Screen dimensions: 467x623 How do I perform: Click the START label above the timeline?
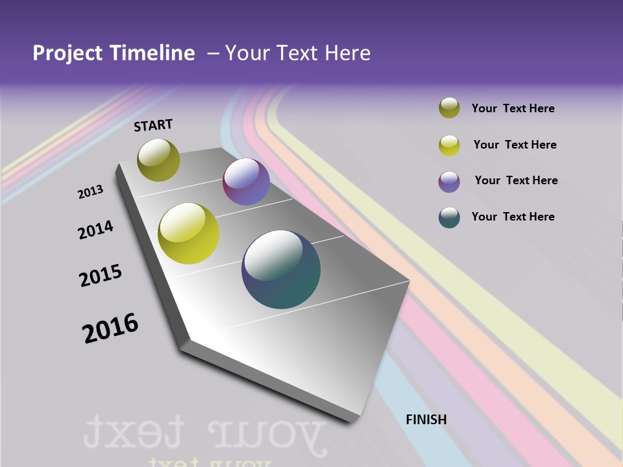coord(153,125)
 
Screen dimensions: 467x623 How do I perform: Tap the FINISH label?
coord(426,420)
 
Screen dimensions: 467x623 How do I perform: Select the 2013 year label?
coord(91,192)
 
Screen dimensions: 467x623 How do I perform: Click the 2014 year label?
coord(95,230)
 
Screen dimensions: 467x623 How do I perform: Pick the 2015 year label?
coord(101,276)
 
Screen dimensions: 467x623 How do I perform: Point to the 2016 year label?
coord(110,328)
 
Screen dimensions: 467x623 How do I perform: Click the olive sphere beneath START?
coord(158,160)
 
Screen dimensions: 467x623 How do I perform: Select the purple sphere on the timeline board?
coord(246,182)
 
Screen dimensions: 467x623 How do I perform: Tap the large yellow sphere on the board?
coord(189,233)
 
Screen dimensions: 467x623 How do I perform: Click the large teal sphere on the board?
coord(281,269)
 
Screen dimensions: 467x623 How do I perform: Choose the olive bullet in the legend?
coord(449,108)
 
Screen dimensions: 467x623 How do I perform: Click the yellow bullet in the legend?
coord(449,145)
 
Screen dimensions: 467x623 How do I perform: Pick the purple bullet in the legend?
coord(449,181)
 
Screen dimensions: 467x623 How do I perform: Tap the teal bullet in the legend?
coord(449,217)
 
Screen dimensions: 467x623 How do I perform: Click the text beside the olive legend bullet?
coord(513,108)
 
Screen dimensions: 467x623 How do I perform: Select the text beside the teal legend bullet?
coord(513,217)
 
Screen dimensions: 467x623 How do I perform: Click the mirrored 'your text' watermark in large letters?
coord(204,431)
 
